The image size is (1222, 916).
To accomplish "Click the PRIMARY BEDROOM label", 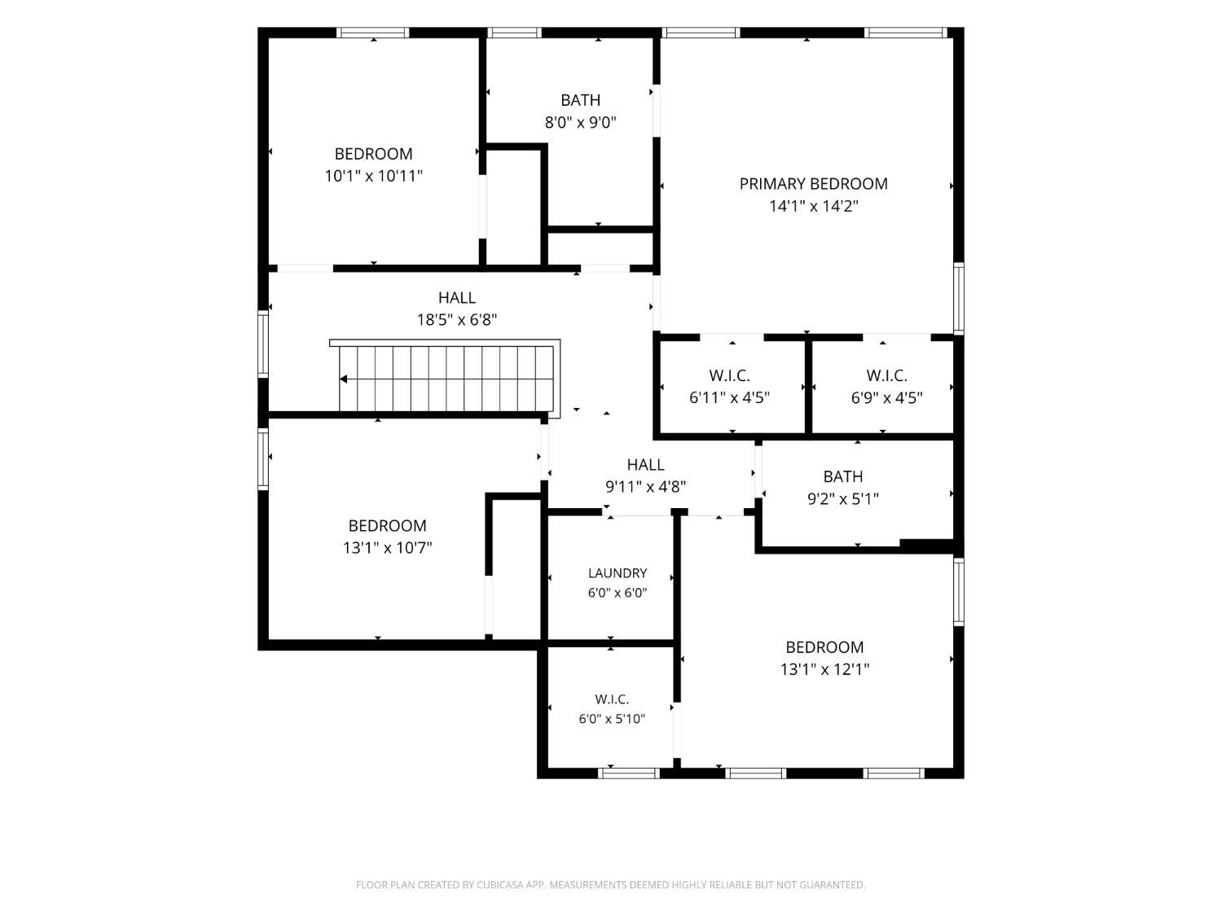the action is [x=813, y=183].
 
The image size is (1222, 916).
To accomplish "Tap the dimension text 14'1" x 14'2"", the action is [x=813, y=206].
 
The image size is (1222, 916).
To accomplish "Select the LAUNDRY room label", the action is [x=618, y=573].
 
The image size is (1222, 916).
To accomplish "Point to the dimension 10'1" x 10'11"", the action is [x=374, y=177].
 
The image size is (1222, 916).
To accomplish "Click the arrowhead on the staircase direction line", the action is [x=344, y=379].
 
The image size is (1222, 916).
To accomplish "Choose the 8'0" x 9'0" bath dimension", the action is [x=580, y=122].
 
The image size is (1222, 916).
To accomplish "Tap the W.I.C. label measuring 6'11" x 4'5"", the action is [x=729, y=375].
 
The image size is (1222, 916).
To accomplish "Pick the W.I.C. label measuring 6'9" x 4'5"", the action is [x=886, y=375].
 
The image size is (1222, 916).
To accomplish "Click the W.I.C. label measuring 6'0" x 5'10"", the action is [x=612, y=699].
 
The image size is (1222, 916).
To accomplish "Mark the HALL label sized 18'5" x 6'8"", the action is [x=456, y=297].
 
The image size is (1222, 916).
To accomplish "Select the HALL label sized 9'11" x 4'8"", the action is [x=645, y=464].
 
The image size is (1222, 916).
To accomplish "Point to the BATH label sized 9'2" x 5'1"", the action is [x=843, y=476].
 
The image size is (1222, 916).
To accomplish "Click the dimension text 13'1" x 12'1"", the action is [x=824, y=669].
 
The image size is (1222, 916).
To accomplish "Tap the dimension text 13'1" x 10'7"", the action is [x=388, y=548].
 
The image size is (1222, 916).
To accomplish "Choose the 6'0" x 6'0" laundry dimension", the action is [x=618, y=593].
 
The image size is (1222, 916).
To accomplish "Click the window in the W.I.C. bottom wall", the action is [x=629, y=773].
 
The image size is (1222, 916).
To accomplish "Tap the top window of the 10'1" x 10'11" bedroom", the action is [x=373, y=33].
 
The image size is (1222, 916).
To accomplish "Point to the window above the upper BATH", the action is [x=514, y=33].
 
